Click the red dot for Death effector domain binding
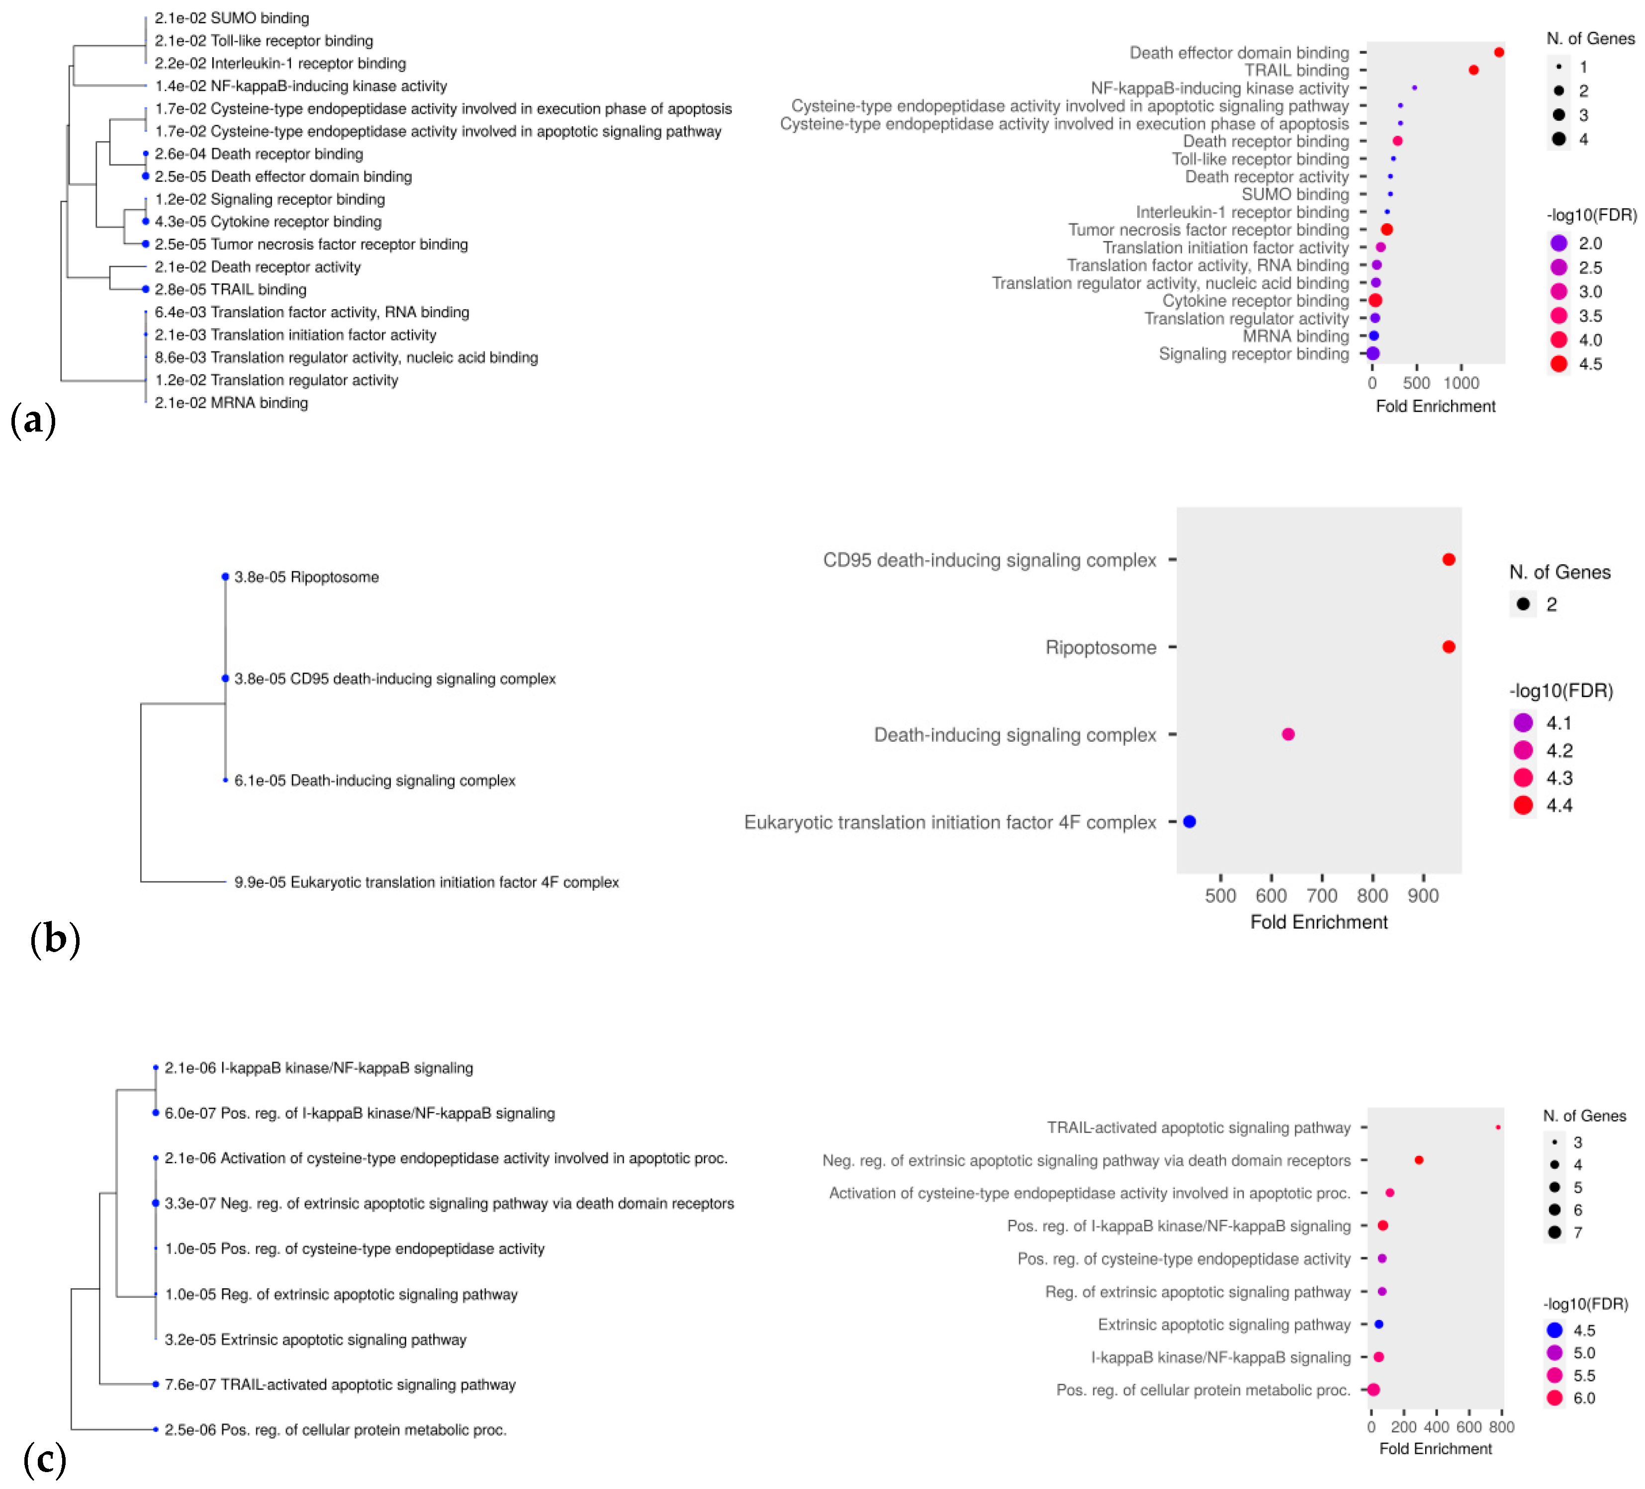[1498, 52]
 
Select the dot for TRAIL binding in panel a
[1473, 70]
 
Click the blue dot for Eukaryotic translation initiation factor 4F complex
[1189, 822]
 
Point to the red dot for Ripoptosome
[1449, 647]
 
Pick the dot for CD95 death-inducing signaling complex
[1449, 560]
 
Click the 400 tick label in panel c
[1436, 1426]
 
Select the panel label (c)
[44, 1458]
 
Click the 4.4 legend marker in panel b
[1523, 805]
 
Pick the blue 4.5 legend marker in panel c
[1554, 1330]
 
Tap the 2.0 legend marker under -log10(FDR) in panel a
[1558, 243]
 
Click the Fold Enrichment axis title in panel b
[1319, 922]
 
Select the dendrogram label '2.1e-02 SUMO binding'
[232, 18]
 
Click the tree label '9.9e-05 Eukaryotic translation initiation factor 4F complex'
[426, 882]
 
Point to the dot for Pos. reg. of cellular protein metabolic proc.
[1373, 1390]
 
